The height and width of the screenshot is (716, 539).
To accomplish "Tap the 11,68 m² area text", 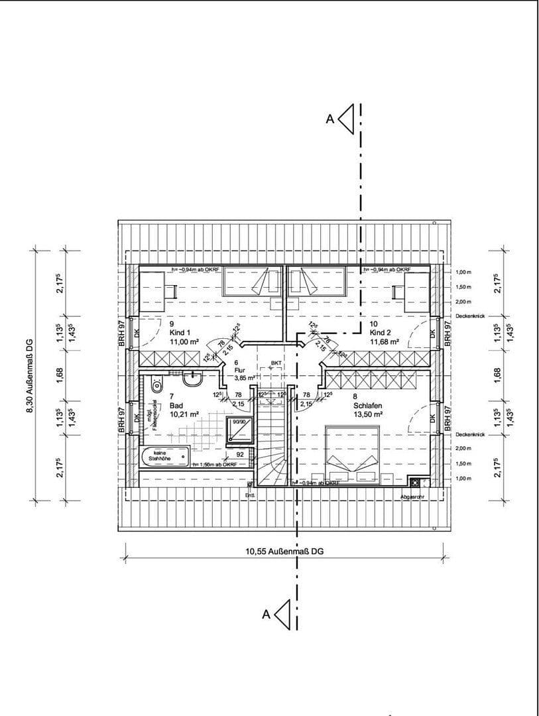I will click(385, 342).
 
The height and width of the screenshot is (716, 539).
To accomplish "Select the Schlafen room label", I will click(366, 404).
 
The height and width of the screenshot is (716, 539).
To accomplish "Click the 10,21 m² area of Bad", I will click(184, 414).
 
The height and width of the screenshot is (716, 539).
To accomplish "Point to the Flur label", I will click(240, 370).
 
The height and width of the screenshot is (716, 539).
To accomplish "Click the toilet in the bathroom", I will click(157, 383).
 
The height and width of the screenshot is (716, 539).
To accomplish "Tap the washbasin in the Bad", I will click(193, 380).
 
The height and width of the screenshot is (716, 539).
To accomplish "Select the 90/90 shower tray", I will click(240, 430).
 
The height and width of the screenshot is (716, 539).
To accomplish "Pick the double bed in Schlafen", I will click(351, 454).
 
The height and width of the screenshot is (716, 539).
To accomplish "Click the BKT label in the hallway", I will click(276, 363).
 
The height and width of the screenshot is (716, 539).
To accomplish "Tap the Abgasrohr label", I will click(412, 496).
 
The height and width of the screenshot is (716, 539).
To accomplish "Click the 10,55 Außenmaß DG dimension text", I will click(284, 551).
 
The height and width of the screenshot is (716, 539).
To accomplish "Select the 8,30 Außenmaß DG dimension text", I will click(29, 375).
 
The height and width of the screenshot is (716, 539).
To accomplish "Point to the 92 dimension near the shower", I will click(241, 455).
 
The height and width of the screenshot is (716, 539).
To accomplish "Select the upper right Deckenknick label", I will click(471, 317).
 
